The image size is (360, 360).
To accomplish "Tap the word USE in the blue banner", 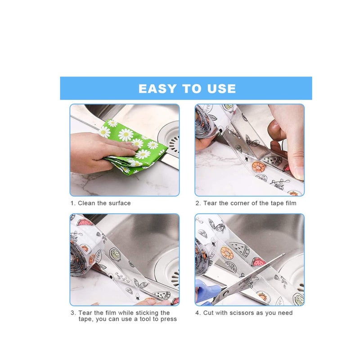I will [220, 88].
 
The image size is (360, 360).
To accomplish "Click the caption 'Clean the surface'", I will [104, 203].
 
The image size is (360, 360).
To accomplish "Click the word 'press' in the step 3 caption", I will [168, 319].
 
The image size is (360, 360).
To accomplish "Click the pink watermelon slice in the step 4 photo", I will [258, 261].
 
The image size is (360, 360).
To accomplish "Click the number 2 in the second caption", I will [197, 203].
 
